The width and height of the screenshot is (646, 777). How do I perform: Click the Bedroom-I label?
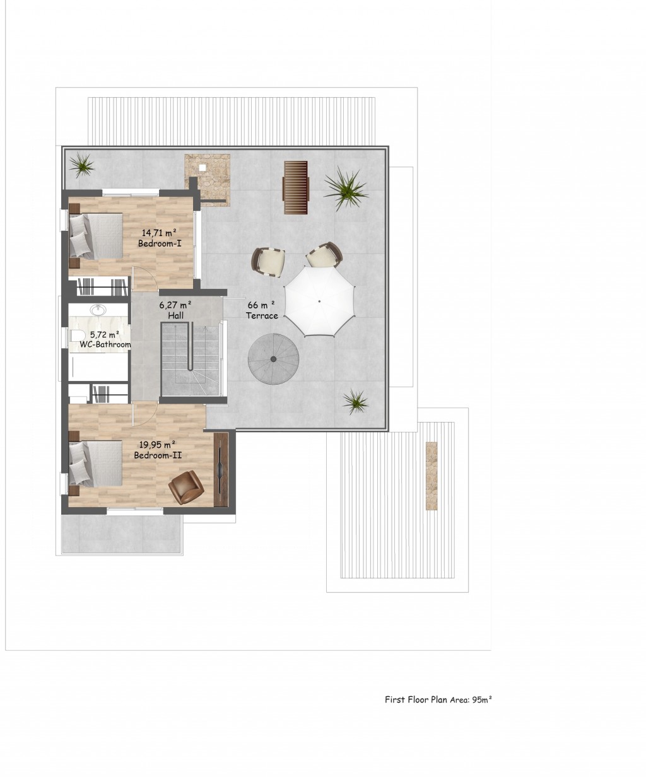coord(160,243)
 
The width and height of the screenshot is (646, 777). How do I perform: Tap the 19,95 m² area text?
coord(157,445)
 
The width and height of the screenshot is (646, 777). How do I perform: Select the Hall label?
coord(176,315)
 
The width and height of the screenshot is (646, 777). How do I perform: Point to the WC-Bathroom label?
coord(105,344)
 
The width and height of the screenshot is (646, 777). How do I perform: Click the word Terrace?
coord(262,315)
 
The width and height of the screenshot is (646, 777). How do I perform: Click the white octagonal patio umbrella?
coord(319,301)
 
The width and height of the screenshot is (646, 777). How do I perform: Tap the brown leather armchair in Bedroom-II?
coord(186,487)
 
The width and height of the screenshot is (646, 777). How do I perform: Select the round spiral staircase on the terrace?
coord(273,359)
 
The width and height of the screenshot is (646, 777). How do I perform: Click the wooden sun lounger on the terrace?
coord(296,187)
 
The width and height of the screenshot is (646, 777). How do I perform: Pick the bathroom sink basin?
coord(98,310)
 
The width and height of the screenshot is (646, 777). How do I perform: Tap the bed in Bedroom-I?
coord(96,236)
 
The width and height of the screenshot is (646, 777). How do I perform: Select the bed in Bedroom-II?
coord(96,464)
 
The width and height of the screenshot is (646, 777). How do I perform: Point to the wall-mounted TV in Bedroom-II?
coord(221,469)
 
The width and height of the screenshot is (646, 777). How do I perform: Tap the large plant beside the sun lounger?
coord(346,189)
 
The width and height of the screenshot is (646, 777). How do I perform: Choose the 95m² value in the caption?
coord(482,699)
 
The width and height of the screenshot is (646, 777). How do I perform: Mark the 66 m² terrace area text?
coord(261,305)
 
